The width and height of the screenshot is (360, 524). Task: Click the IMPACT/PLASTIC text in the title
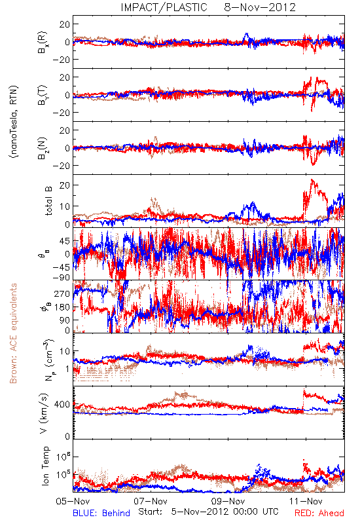(164, 7)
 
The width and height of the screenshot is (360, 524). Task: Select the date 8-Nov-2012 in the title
(260, 7)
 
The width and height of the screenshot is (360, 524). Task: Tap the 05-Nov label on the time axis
(73, 501)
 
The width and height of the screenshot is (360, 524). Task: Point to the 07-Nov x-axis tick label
(151, 501)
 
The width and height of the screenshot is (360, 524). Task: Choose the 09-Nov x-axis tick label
(228, 501)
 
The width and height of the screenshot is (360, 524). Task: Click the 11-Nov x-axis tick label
(306, 501)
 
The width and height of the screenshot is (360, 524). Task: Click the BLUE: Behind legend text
(101, 513)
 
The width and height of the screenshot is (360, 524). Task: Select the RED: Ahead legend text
(319, 513)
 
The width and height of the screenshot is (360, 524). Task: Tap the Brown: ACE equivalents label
(13, 333)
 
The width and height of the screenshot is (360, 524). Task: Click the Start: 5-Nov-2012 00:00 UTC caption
(208, 512)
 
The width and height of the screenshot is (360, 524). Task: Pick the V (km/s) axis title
(44, 413)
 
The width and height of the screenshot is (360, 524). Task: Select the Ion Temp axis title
(45, 466)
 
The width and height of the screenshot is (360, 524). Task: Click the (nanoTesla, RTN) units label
(14, 122)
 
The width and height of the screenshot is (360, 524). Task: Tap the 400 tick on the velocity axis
(62, 405)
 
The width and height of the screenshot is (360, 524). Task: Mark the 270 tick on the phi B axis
(62, 294)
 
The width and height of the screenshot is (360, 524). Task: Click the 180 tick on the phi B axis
(62, 307)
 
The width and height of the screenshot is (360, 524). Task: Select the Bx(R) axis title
(43, 42)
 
